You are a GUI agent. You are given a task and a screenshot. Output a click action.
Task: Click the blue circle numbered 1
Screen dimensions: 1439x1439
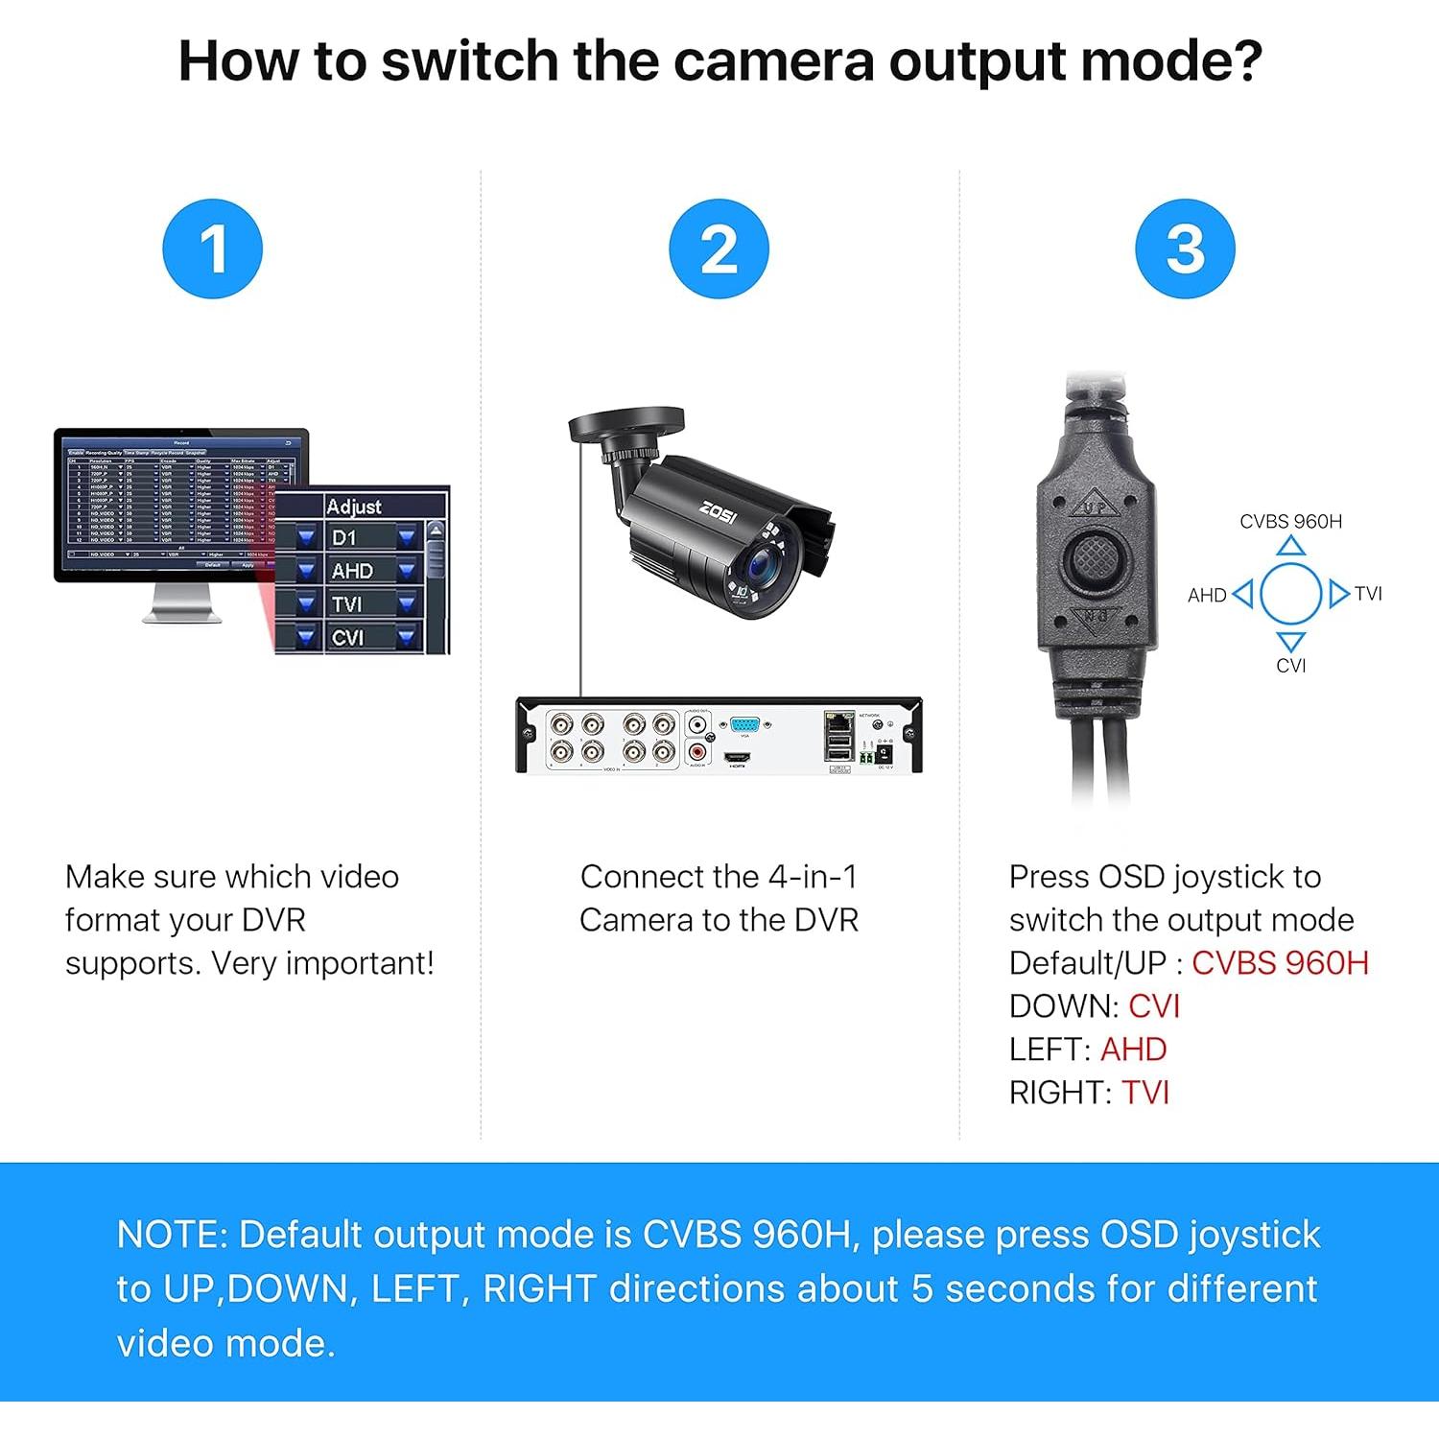212,248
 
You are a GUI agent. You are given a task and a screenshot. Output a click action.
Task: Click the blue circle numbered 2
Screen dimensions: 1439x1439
719,248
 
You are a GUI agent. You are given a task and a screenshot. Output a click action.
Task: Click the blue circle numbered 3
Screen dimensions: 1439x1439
1185,248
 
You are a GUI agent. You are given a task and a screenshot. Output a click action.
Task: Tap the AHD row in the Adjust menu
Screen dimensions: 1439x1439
353,571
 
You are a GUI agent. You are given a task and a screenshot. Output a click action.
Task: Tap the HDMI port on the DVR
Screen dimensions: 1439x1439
736,757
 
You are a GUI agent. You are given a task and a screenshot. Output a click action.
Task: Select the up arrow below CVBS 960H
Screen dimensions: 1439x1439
1291,547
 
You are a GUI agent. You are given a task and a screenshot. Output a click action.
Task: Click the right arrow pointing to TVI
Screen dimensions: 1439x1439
1338,594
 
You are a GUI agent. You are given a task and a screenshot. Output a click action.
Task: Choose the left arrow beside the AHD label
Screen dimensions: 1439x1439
1243,594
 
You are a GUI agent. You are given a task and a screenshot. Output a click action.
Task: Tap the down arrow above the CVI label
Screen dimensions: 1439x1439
1291,641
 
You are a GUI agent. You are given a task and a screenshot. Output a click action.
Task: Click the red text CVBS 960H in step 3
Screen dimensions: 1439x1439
1280,963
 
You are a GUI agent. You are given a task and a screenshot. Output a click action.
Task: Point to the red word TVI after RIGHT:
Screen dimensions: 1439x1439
1145,1093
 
